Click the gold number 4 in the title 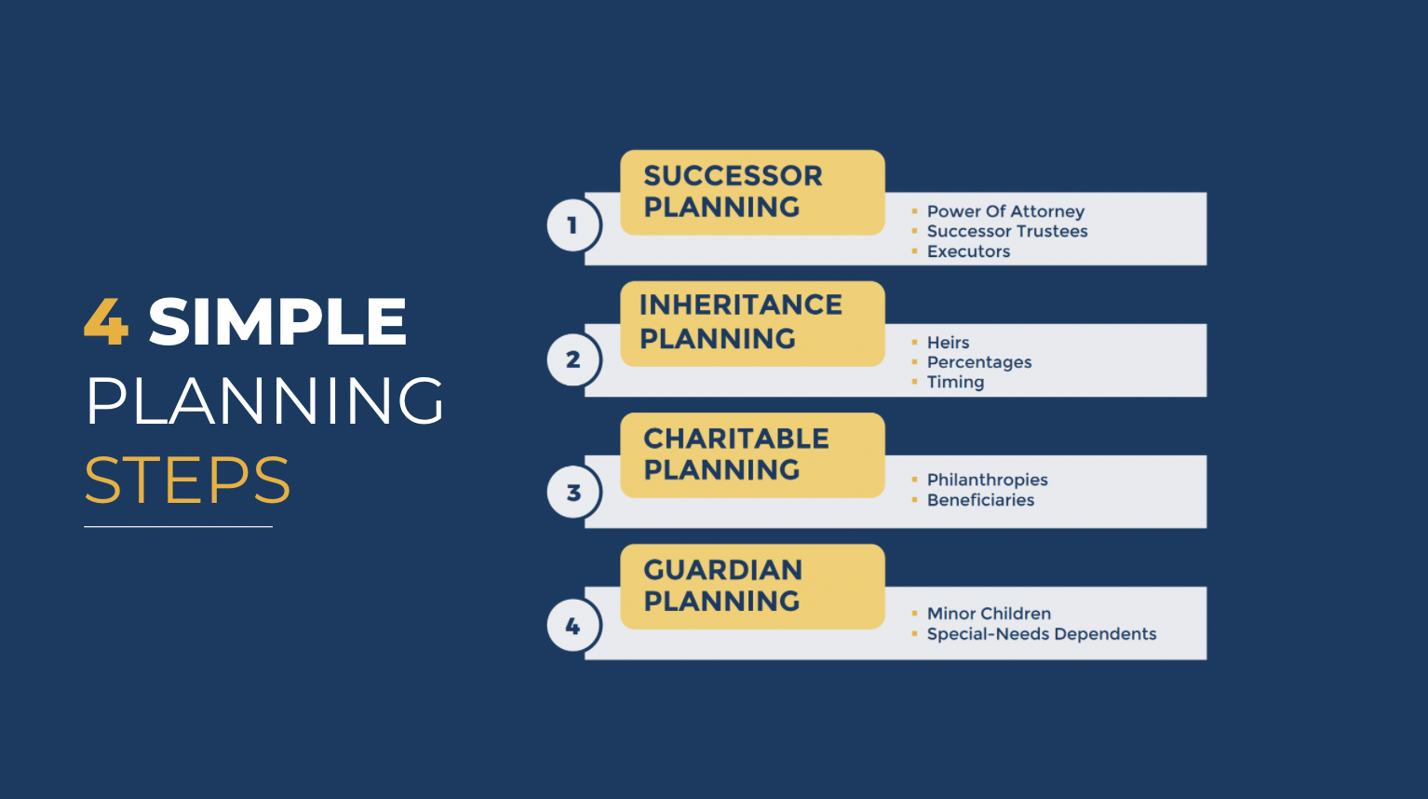coord(106,322)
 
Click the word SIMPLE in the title coord(277,322)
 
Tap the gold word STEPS coord(187,481)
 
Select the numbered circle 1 coord(573,225)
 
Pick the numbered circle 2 coord(573,359)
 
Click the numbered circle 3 coord(573,493)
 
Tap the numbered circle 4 coord(573,627)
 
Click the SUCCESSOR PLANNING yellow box coord(752,192)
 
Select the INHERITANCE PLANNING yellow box coord(752,323)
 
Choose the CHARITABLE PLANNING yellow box coord(752,454)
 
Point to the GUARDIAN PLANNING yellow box coord(752,586)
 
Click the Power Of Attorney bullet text coord(1005,211)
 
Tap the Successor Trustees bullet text coord(1007,231)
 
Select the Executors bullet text coord(968,251)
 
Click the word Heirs coord(948,343)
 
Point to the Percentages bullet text coord(979,362)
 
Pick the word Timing coord(955,382)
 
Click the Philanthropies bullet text coord(987,480)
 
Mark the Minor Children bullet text coord(989,614)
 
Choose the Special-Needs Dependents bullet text coord(1041,634)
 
